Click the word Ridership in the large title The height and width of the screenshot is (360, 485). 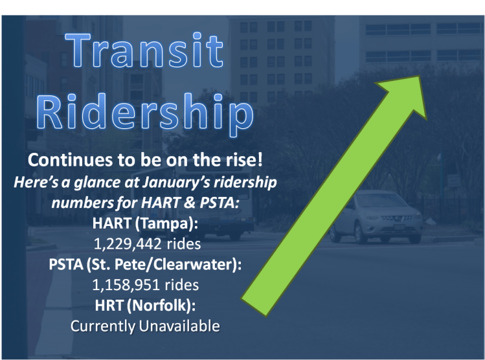click(x=144, y=114)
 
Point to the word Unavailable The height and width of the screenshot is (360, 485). click(x=179, y=325)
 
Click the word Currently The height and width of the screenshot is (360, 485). click(x=102, y=325)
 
